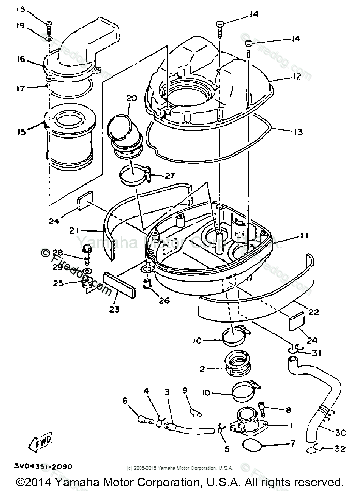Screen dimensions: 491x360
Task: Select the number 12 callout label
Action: pyautogui.click(x=296, y=77)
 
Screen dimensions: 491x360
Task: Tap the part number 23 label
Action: pyautogui.click(x=114, y=310)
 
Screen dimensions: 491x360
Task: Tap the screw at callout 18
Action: pyautogui.click(x=49, y=22)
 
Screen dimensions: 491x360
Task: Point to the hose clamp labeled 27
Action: pyautogui.click(x=134, y=175)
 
